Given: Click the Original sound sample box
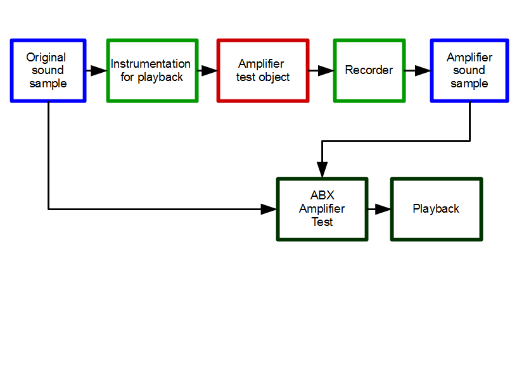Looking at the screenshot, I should (48, 70).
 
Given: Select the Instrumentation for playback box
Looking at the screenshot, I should (152, 70).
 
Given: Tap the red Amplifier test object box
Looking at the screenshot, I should (263, 70).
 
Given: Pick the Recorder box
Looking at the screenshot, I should (369, 70).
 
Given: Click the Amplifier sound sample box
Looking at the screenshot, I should (469, 70).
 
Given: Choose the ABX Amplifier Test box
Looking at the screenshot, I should (322, 209).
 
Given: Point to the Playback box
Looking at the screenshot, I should (436, 209).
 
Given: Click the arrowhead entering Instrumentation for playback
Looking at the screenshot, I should (98, 70).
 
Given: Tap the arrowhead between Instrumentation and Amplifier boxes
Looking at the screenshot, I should (209, 70).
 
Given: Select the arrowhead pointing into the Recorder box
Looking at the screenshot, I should (326, 70).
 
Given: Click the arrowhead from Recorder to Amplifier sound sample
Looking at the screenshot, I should (423, 70).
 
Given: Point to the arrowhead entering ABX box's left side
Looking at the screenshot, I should (269, 209).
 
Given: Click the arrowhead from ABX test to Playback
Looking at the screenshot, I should (383, 209).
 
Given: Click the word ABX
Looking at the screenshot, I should (322, 196).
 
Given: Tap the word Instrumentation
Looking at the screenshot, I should (151, 64).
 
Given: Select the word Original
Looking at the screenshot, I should (46, 58).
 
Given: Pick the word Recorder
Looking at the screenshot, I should (369, 70).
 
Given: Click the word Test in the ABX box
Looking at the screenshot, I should (322, 222).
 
